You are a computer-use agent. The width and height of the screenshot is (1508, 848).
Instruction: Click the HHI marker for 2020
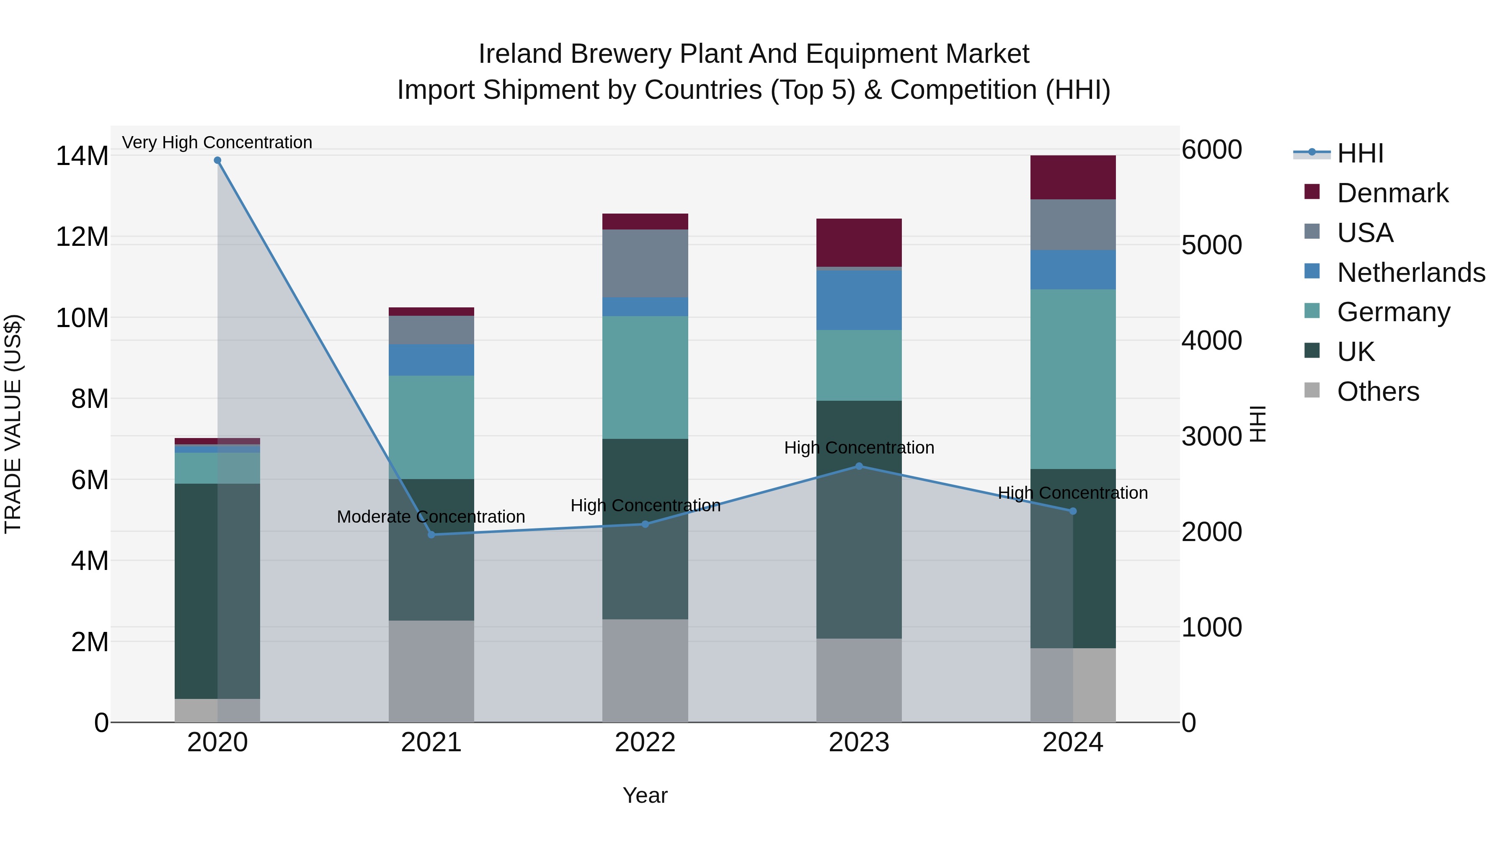click(217, 160)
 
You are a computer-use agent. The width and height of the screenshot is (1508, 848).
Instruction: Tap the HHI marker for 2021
click(431, 534)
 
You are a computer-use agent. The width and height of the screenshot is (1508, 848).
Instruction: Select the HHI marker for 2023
click(859, 467)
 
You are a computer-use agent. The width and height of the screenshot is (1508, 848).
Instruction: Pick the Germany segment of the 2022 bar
click(645, 377)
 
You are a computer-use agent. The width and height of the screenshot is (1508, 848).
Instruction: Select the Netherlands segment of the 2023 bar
click(859, 300)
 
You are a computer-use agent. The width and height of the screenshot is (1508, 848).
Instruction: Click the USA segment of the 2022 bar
click(645, 263)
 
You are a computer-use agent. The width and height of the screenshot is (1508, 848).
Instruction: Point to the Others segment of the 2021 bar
click(431, 671)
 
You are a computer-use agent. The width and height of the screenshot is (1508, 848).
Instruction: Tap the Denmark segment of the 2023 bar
click(859, 243)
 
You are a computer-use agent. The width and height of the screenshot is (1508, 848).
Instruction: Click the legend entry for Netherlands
click(1411, 273)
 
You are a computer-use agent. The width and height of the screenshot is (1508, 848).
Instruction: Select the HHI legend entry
click(1360, 153)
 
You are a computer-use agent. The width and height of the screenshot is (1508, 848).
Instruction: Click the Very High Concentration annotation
click(217, 142)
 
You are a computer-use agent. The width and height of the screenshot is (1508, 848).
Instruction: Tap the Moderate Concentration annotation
click(431, 517)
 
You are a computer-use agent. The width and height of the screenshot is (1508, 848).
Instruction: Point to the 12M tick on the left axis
click(82, 237)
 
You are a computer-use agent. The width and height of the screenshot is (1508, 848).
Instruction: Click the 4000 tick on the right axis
click(1211, 340)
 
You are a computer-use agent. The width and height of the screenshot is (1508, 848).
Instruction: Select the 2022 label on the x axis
click(645, 742)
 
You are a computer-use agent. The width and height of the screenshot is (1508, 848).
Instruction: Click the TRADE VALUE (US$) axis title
click(13, 424)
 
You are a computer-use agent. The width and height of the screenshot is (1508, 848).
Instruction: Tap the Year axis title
click(645, 795)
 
